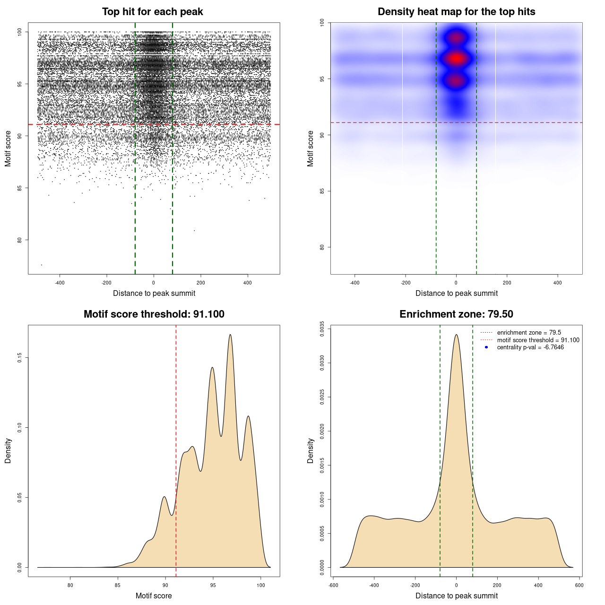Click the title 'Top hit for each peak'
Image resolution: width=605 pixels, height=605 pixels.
coord(152,12)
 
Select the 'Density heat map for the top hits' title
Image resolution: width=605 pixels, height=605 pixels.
coord(456,12)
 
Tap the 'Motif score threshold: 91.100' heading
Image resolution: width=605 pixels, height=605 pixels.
coord(154,314)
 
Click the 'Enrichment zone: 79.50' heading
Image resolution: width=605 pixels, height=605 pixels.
coord(456,314)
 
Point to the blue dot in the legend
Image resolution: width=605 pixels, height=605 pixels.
coord(486,347)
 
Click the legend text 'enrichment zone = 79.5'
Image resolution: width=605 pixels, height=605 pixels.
coord(529,333)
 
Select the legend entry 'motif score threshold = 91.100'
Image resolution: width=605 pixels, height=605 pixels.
coord(538,340)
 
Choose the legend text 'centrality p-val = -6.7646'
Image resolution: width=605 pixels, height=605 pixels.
coord(530,347)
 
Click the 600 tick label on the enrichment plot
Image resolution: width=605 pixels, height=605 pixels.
coord(579,585)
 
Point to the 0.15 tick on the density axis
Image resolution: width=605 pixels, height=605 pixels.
coord(19,358)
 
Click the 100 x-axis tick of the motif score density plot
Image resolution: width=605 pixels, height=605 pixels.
coord(261,585)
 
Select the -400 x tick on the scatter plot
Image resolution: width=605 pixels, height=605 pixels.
coord(60,283)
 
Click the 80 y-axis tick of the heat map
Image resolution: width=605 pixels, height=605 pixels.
coord(322,247)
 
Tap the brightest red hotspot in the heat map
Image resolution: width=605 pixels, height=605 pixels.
coord(456,59)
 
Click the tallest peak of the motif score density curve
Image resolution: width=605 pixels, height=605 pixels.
coord(230,335)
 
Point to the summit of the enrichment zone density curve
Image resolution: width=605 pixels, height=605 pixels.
coord(456,335)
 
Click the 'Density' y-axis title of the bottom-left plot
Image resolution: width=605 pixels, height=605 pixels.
coord(8,450)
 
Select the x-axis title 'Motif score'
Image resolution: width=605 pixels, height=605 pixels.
coord(154,596)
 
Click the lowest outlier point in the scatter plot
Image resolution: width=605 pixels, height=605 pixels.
coord(42,265)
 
